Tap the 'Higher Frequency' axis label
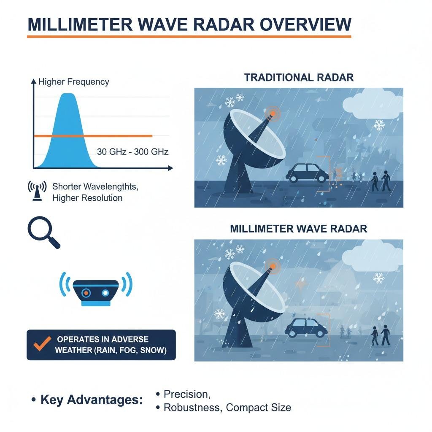tap(73, 82)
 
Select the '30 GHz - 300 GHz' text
tap(132, 152)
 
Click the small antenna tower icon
tap(37, 191)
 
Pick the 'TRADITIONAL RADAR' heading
tap(299, 78)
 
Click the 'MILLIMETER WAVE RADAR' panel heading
tap(299, 229)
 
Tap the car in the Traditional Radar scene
tap(307, 173)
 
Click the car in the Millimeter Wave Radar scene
tap(306, 327)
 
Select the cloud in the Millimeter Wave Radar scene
tap(374, 255)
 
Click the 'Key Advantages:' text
tap(92, 400)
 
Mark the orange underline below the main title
tap(189, 37)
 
